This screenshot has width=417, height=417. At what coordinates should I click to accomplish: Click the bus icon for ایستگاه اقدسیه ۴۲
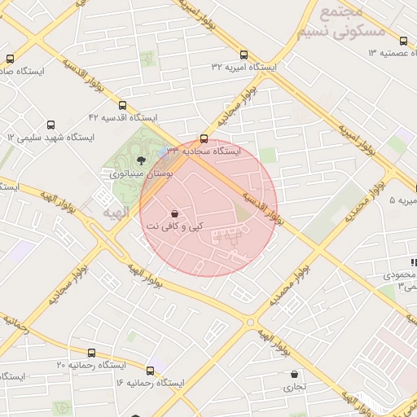tap(122, 105)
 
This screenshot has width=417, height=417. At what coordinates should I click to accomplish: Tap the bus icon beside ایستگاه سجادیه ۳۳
tap(204, 138)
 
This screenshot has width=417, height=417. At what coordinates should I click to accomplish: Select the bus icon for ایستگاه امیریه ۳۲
tap(244, 54)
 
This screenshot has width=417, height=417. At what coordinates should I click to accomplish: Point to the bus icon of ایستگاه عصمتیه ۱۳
tap(403, 41)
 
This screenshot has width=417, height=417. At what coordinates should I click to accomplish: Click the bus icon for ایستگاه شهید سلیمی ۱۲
tap(50, 125)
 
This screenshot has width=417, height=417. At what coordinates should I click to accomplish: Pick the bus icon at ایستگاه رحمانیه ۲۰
tap(90, 353)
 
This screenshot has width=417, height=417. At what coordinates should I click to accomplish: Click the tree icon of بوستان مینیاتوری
tap(141, 160)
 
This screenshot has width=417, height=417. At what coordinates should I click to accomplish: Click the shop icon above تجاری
tap(294, 375)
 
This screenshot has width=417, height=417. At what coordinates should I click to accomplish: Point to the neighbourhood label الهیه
tap(116, 213)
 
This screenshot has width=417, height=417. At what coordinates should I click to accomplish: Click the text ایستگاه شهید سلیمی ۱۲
tap(50, 138)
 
